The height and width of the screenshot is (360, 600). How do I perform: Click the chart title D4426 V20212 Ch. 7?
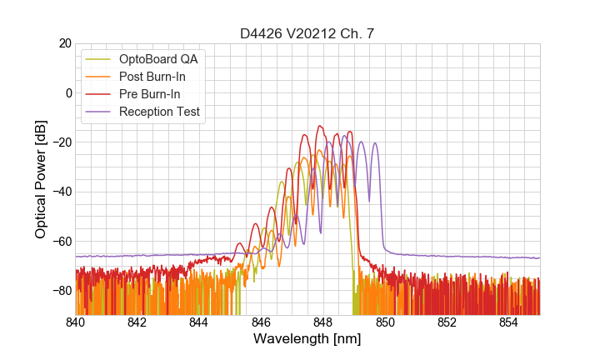point(307,33)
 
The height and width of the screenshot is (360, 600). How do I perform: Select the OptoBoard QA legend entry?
point(159,59)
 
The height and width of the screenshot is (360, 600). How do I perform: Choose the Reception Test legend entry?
point(159,112)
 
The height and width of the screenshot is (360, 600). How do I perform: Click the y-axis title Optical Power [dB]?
point(41,179)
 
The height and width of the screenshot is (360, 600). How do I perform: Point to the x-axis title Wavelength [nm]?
point(307,340)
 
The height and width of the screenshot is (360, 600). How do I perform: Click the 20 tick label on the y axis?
point(63,43)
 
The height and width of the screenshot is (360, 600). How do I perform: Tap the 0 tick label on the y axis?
point(67,92)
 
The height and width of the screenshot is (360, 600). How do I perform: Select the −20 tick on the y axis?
point(60,142)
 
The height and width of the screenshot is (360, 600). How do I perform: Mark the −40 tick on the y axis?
point(60,192)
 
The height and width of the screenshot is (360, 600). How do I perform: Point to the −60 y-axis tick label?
point(60,241)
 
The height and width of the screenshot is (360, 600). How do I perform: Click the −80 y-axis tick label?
point(60,291)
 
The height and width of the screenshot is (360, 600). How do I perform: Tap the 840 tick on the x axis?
point(76,322)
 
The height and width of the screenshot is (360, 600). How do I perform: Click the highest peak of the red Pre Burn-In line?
point(319,127)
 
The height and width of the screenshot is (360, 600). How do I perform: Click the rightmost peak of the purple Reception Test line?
point(375,143)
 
